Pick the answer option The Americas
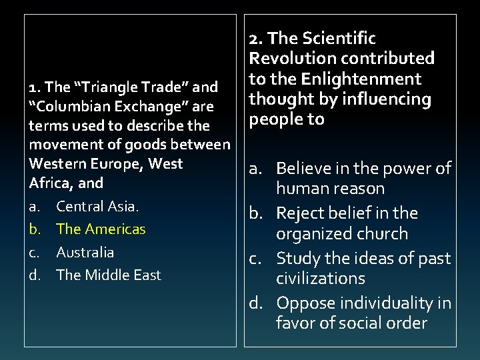click(x=101, y=229)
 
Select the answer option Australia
click(x=85, y=252)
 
